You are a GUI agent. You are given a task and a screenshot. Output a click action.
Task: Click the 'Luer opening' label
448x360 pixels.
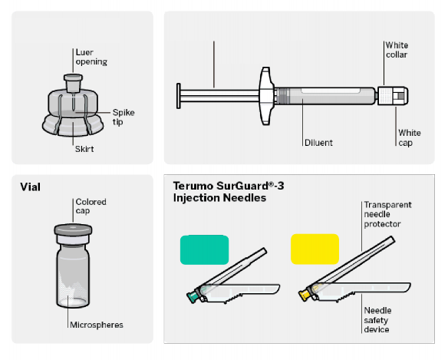coord(91,57)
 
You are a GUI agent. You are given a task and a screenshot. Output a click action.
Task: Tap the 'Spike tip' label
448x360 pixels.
coord(124,117)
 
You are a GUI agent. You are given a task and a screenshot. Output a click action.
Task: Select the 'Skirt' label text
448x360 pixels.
coord(84,149)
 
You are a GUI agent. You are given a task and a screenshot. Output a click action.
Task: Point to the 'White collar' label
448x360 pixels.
coord(397,50)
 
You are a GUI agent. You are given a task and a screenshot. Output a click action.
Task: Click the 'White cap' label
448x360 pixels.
coord(410,137)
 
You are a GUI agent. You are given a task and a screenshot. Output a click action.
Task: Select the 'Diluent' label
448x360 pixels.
coord(318,143)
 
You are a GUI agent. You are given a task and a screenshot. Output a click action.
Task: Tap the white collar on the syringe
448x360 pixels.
coord(385,96)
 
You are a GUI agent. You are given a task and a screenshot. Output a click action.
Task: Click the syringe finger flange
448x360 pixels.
coord(266,96)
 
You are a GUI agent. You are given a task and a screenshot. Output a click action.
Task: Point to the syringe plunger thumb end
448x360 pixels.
coord(179,96)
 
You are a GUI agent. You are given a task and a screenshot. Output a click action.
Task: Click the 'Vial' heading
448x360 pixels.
coord(30,187)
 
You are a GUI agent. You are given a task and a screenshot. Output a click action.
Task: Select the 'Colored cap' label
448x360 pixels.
coord(91,206)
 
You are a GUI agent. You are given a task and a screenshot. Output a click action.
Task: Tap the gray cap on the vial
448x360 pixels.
coord(73,230)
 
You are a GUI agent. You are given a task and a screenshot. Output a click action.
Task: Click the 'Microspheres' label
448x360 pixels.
coord(97,325)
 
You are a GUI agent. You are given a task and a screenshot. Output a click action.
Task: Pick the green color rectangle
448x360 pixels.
coord(204,249)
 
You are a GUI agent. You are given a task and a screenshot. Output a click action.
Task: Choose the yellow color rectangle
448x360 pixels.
coord(315,249)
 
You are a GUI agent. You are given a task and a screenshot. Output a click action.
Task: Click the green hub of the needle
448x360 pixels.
coord(193,296)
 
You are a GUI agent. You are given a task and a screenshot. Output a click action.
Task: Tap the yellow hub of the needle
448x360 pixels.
coord(304,295)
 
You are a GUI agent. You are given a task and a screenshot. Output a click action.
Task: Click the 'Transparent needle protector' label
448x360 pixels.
coord(387,214)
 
